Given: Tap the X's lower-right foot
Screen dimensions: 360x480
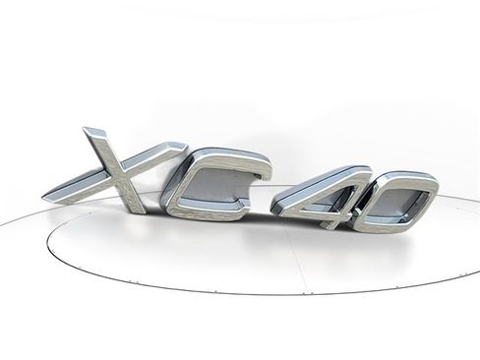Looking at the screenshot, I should point(138,208).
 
